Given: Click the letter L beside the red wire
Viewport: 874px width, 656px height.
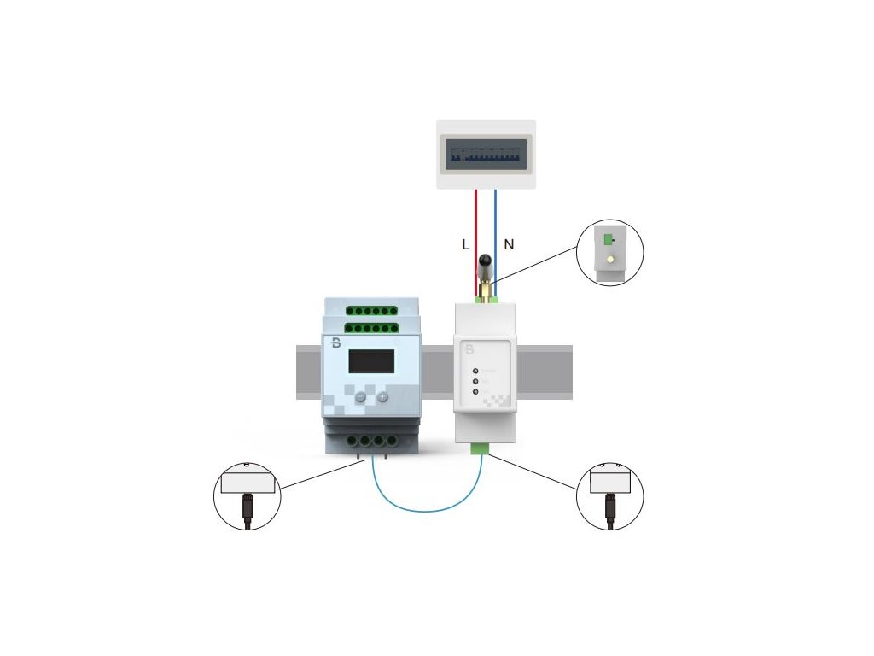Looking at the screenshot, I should pyautogui.click(x=465, y=244).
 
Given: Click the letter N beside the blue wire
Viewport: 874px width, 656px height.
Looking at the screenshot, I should pyautogui.click(x=509, y=244).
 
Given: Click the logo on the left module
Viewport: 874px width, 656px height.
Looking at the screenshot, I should pyautogui.click(x=335, y=343).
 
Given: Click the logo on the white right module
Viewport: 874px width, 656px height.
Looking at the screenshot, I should pyautogui.click(x=469, y=349).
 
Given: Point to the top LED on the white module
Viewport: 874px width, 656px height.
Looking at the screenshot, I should pyautogui.click(x=475, y=370).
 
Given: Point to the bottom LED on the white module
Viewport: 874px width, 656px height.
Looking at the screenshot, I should pyautogui.click(x=475, y=392).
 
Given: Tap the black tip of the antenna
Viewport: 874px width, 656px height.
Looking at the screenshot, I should pyautogui.click(x=486, y=261).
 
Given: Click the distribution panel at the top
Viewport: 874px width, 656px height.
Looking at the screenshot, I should pyautogui.click(x=486, y=154).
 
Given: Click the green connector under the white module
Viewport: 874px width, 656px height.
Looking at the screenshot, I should pyautogui.click(x=480, y=448).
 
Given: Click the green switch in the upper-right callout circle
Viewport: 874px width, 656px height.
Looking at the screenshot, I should pyautogui.click(x=608, y=241).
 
